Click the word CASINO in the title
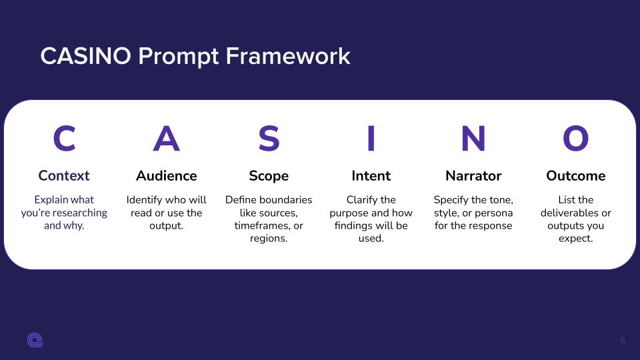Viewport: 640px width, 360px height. tap(86, 56)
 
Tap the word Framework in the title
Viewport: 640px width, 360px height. tap(288, 56)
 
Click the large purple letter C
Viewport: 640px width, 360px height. tap(65, 139)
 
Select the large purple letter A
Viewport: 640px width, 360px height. tap(167, 139)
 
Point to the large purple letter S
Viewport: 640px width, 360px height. tap(269, 139)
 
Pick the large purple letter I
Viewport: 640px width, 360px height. tap(371, 139)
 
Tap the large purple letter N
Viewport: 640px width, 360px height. tap(473, 139)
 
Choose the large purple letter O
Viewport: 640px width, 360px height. tap(576, 139)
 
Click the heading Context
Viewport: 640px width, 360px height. tap(64, 175)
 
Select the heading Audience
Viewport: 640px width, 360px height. tap(167, 175)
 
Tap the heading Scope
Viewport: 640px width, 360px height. tap(269, 176)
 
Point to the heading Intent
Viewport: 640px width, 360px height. tap(371, 175)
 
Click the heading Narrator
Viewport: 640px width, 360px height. tap(473, 175)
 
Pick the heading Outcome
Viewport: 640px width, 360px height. tap(576, 175)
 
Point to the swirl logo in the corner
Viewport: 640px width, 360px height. tap(35, 340)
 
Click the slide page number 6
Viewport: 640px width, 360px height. tap(623, 341)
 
